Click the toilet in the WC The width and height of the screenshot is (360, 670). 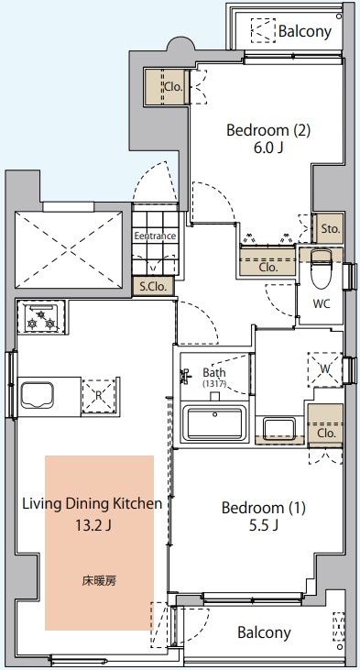321,269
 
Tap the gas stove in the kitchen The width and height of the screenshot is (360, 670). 41,317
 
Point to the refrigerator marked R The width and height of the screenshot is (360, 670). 99,396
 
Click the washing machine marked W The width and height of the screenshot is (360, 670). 325,369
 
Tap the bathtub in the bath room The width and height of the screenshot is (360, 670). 213,423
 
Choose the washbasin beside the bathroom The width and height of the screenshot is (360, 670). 279,429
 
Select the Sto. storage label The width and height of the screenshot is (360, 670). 331,228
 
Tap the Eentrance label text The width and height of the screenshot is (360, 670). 155,236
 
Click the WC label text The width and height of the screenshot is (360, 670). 322,303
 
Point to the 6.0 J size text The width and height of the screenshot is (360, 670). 267,148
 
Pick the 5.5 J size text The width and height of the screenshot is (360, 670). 264,525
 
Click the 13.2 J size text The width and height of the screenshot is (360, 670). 93,524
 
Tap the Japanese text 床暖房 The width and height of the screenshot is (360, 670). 99,581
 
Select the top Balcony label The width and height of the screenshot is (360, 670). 305,31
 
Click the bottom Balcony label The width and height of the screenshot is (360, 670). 264,632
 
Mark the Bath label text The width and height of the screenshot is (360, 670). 214,372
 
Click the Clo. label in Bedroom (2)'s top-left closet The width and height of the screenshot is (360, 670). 174,87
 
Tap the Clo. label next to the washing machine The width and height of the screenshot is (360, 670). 327,434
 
